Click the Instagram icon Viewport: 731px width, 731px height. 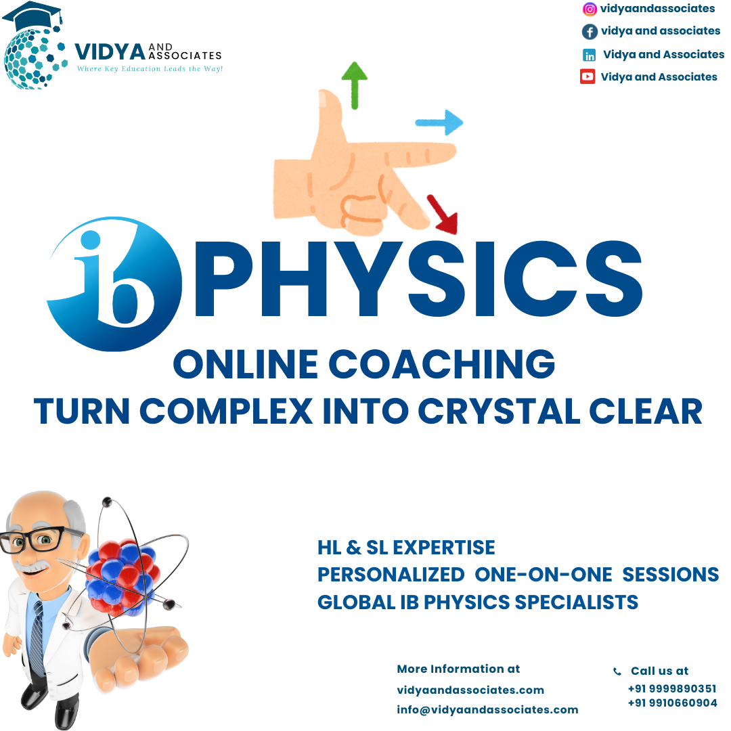click(x=590, y=9)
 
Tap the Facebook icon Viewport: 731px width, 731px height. click(x=590, y=31)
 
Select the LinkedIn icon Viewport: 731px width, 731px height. click(x=590, y=55)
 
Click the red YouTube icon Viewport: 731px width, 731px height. click(x=588, y=76)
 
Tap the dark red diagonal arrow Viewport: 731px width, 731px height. click(x=443, y=213)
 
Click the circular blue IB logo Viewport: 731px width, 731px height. click(x=115, y=284)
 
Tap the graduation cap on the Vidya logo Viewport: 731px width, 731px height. click(x=34, y=16)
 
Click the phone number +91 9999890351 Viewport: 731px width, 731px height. click(x=672, y=689)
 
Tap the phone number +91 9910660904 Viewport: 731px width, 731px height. click(x=672, y=703)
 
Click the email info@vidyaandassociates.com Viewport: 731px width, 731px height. click(x=487, y=710)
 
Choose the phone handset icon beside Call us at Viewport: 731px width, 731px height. click(x=617, y=672)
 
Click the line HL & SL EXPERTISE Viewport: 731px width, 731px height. click(x=406, y=548)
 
